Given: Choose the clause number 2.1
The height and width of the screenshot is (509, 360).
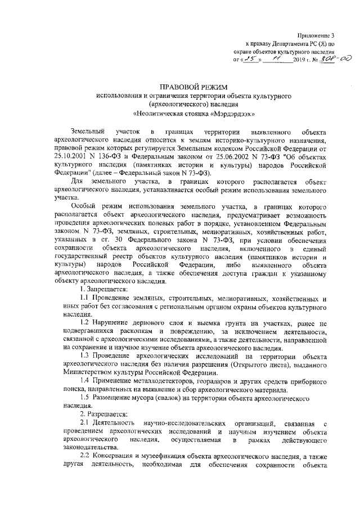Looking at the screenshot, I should (84, 422).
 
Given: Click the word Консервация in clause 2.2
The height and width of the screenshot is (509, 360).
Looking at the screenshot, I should (115, 454).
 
